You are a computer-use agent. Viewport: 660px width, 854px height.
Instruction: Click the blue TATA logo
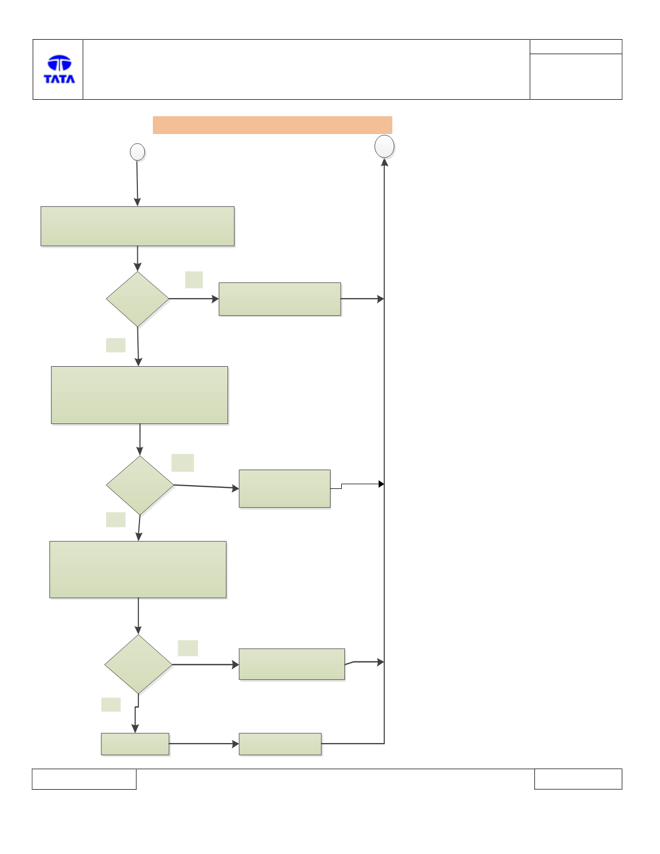(60, 69)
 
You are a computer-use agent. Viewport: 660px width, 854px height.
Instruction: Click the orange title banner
(272, 125)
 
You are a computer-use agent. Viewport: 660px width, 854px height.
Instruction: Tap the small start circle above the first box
(137, 152)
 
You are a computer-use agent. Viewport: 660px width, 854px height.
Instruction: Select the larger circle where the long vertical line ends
(384, 146)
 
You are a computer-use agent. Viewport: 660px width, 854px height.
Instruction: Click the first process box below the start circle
(137, 226)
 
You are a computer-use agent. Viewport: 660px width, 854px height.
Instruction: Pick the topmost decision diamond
(137, 299)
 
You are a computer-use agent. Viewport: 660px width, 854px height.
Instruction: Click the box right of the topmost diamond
(280, 299)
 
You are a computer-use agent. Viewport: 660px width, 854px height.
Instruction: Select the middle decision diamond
(140, 485)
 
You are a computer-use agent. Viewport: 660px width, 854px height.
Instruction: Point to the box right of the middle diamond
(284, 488)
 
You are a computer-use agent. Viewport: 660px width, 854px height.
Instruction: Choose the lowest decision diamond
(138, 664)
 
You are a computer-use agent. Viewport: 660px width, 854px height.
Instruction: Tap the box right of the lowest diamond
(292, 664)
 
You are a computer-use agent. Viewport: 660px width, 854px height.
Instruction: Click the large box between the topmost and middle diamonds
(139, 395)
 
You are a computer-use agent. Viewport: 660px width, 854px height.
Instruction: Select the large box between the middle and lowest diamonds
(138, 569)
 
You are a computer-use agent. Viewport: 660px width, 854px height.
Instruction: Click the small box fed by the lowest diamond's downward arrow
(135, 744)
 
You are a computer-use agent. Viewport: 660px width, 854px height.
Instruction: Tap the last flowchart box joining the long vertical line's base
(280, 744)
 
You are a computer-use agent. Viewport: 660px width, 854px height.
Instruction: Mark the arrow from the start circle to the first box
(137, 183)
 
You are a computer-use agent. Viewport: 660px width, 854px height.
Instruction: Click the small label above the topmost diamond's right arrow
(194, 279)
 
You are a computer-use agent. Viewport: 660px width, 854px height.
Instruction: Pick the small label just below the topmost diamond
(116, 345)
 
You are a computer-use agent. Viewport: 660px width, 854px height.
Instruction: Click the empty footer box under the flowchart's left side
(84, 779)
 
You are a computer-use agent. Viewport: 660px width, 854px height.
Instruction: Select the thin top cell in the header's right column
(576, 47)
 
